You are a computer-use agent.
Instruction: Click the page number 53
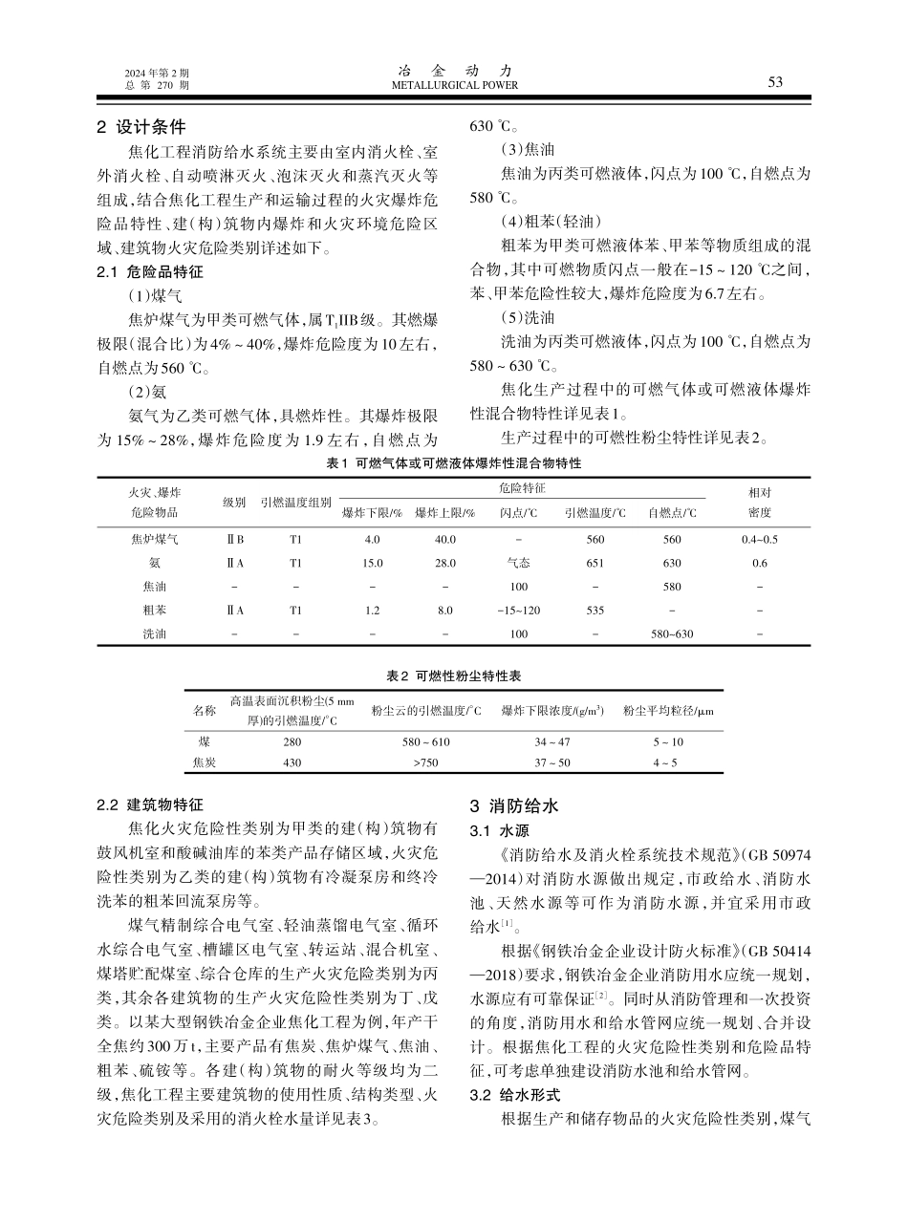click(774, 82)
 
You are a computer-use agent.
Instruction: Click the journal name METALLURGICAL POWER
click(455, 85)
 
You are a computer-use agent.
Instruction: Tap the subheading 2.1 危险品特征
click(150, 271)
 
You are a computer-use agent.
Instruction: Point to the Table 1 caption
click(454, 462)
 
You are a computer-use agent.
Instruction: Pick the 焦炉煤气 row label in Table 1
click(154, 539)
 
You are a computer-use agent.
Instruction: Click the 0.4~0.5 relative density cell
click(759, 539)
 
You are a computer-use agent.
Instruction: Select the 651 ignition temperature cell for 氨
click(595, 563)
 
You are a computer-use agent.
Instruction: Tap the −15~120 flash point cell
click(518, 610)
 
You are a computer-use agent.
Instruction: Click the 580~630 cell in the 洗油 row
click(671, 633)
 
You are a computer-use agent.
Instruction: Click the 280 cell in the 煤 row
click(292, 741)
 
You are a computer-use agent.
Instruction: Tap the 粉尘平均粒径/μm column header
click(668, 711)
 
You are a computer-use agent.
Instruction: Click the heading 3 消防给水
click(512, 805)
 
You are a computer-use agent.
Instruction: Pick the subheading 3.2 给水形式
click(514, 1094)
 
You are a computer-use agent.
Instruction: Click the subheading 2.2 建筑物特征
click(150, 805)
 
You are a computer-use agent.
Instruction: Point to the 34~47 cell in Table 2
click(551, 741)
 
